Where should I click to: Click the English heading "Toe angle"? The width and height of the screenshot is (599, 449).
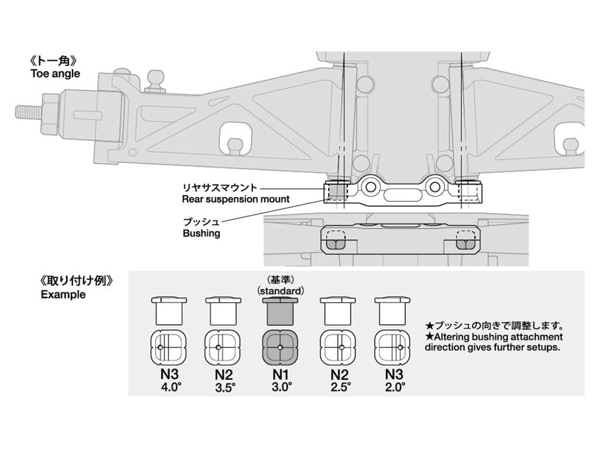(x=55, y=74)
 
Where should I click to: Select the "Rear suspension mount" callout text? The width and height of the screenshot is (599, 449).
(x=235, y=199)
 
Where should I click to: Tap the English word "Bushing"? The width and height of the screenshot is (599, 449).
(x=201, y=233)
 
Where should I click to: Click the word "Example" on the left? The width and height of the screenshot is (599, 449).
(x=63, y=295)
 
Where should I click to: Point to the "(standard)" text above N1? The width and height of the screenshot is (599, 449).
(x=280, y=291)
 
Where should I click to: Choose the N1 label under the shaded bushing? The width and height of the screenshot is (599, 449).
(x=280, y=375)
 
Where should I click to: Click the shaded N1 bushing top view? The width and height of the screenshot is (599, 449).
(x=280, y=347)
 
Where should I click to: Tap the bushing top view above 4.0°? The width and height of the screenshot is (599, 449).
(x=168, y=347)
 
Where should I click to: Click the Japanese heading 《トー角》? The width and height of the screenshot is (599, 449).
(x=54, y=61)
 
